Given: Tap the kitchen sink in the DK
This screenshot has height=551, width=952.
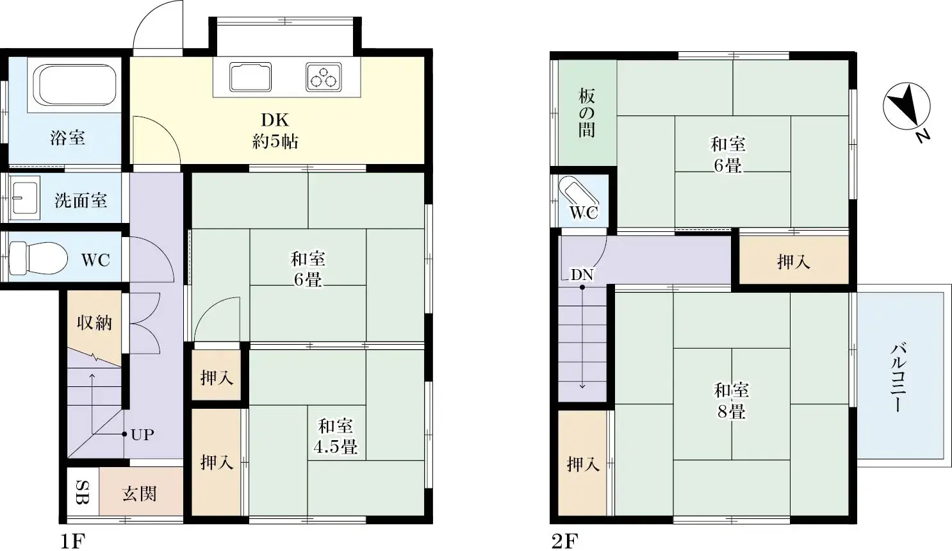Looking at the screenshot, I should click(250, 77).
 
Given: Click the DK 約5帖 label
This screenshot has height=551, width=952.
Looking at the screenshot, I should click(275, 131).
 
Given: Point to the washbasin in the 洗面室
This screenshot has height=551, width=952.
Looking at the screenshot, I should click(25, 198).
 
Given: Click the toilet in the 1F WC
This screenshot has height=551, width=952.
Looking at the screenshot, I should click(38, 258).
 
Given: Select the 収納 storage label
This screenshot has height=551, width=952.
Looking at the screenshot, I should click(94, 322).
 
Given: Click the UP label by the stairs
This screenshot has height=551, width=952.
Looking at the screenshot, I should click(142, 434).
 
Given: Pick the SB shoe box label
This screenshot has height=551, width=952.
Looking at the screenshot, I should click(83, 492).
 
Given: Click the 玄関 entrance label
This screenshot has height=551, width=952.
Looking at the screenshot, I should click(139, 493).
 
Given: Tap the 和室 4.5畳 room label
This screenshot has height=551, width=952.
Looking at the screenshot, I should click(335, 436).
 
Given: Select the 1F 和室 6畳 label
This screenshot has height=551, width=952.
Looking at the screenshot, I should click(308, 269).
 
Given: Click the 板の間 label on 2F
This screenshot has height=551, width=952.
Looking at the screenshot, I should click(587, 113).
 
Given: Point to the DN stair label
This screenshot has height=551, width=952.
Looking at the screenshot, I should click(582, 275).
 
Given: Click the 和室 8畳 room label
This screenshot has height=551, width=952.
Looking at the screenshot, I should click(732, 400).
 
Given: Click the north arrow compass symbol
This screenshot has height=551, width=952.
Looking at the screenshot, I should click(907, 107).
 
